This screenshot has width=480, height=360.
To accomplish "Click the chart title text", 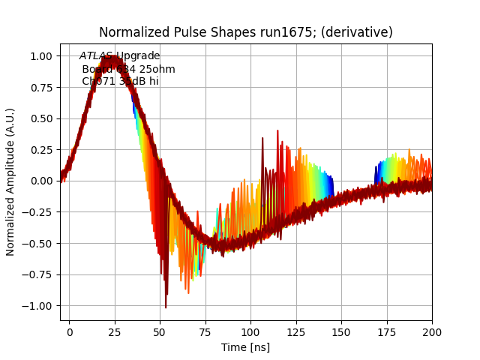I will tap(246, 32).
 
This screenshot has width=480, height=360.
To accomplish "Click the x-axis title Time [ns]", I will tap(245, 347).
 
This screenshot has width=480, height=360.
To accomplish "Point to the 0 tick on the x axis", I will tap(70, 331).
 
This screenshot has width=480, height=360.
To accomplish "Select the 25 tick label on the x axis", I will tap(115, 331).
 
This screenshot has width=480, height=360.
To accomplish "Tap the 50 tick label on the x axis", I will tap(160, 331).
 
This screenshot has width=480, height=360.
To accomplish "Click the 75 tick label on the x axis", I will tap(205, 331).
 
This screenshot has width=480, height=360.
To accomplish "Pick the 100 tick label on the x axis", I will tap(250, 331).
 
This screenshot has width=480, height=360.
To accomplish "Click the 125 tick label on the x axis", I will tap(296, 331).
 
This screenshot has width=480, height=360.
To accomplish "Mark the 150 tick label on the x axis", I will tap(341, 331).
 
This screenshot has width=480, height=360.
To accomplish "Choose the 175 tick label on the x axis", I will tap(387, 331).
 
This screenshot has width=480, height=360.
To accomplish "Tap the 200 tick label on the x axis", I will tap(432, 331).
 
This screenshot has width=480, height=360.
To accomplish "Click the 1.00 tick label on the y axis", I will tap(41, 56).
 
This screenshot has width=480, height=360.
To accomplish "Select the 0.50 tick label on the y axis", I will tap(41, 118).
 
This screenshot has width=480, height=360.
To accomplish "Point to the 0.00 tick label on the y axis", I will tap(41, 181).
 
